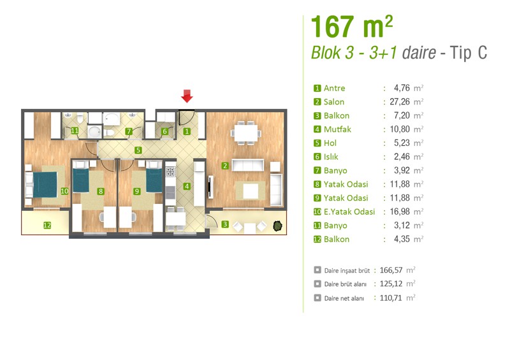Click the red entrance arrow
[187, 96]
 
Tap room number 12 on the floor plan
[47, 225]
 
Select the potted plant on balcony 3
[277, 226]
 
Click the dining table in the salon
[246, 133]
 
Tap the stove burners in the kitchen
[170, 171]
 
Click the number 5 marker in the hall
[138, 150]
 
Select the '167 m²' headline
[352, 27]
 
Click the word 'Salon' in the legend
[333, 102]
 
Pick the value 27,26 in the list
[400, 102]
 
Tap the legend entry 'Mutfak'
[337, 129]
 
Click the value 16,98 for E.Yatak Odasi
[400, 212]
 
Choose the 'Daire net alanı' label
[344, 298]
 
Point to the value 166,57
[391, 270]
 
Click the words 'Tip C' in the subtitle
[469, 53]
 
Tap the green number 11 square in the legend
[317, 226]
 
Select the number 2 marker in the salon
[225, 166]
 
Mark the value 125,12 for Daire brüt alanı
[391, 284]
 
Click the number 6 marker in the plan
[165, 131]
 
